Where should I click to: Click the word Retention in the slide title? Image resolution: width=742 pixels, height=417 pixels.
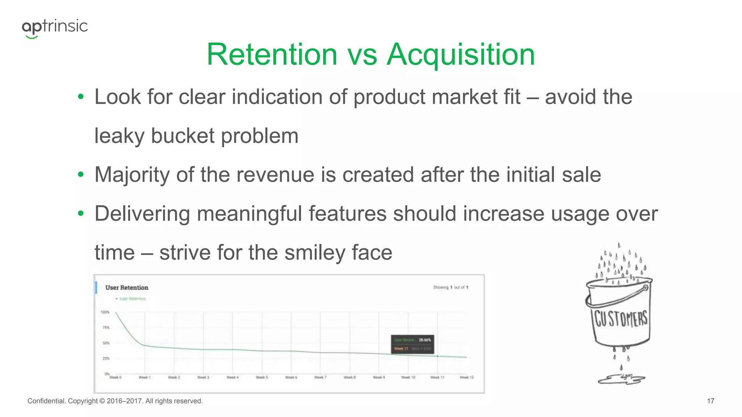pyautogui.click(x=272, y=55)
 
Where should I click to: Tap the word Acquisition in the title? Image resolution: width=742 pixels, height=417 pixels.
pyautogui.click(x=461, y=55)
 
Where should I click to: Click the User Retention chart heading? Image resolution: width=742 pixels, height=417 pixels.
pyautogui.click(x=127, y=288)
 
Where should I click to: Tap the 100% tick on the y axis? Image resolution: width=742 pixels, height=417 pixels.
pyautogui.click(x=105, y=312)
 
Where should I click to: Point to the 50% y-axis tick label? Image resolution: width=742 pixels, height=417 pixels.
pyautogui.click(x=106, y=343)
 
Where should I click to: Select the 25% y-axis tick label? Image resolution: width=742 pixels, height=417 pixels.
pyautogui.click(x=106, y=358)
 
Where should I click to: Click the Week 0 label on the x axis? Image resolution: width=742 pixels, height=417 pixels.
pyautogui.click(x=116, y=377)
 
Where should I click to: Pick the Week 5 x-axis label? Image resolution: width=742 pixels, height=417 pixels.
pyautogui.click(x=262, y=377)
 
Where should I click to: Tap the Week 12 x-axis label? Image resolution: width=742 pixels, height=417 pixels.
pyautogui.click(x=467, y=377)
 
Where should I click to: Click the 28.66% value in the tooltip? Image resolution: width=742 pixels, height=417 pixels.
pyautogui.click(x=425, y=340)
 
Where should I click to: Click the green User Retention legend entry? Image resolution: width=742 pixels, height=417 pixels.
pyautogui.click(x=132, y=299)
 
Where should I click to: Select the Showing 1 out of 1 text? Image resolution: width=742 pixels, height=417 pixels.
pyautogui.click(x=450, y=287)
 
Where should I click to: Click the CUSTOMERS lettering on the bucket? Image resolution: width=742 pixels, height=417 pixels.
pyautogui.click(x=621, y=319)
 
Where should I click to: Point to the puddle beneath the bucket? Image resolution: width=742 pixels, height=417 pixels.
pyautogui.click(x=621, y=379)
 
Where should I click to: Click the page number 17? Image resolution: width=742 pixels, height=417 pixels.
pyautogui.click(x=710, y=401)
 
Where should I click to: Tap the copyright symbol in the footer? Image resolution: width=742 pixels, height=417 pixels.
pyautogui.click(x=102, y=401)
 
